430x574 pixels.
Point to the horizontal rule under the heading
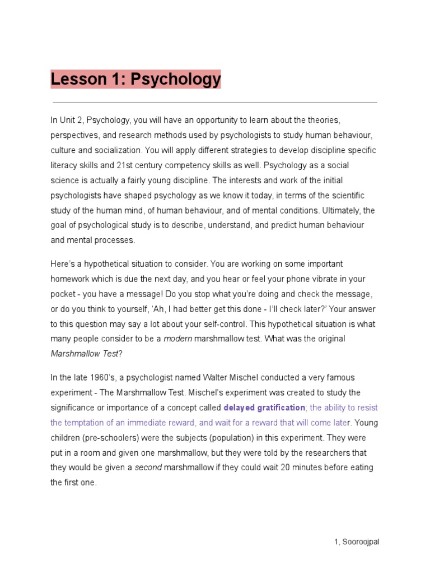214,103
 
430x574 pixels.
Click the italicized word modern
176,339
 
